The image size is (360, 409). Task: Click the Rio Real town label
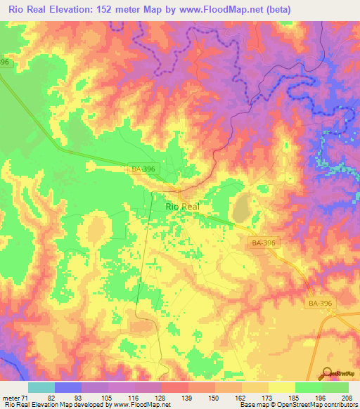coord(182,207)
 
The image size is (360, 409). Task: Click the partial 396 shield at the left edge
coord(5,63)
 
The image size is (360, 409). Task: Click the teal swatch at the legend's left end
coord(41,387)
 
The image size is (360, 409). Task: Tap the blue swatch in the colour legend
coord(68,387)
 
